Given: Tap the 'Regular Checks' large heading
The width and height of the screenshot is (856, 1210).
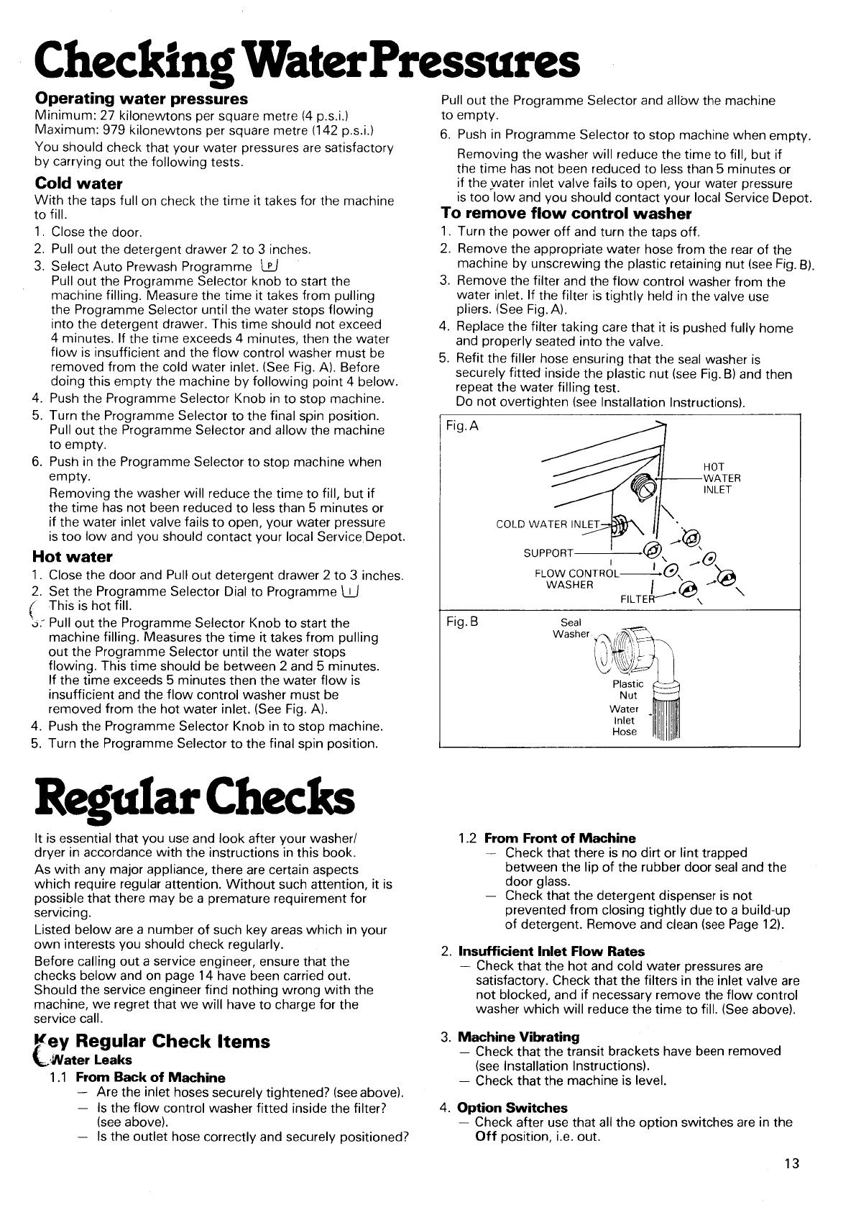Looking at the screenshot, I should tap(194, 799).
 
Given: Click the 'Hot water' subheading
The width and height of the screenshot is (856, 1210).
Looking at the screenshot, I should tap(73, 557).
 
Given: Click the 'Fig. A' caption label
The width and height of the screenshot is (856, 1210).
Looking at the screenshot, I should tap(462, 427).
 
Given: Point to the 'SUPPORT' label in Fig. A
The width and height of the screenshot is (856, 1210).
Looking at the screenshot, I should tap(548, 553).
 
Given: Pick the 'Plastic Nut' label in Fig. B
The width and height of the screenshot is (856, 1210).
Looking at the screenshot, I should tap(628, 690).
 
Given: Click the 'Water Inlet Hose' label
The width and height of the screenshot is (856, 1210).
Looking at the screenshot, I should tap(624, 720).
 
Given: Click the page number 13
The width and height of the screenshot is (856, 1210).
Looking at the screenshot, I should tap(791, 1164).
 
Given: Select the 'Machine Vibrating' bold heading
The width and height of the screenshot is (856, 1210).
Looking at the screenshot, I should tap(518, 1037).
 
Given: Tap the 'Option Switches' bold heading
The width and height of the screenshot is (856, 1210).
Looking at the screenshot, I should tap(512, 1108).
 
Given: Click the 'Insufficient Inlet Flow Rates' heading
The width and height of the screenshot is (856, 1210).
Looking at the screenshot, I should tap(551, 952).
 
